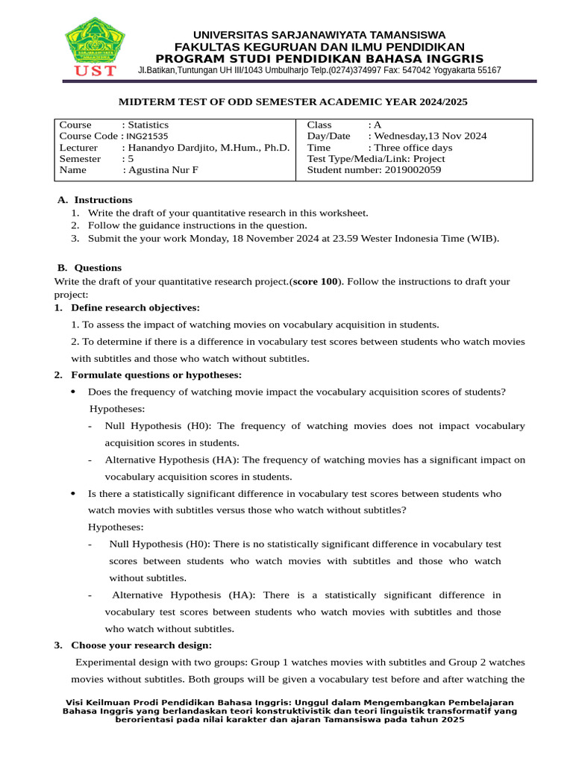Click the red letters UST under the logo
[95, 71]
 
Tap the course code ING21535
[147, 137]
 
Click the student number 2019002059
[413, 170]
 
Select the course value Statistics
[148, 125]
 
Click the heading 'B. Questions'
[90, 268]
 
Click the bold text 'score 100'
[314, 281]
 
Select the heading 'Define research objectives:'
[135, 307]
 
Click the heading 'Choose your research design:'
[141, 645]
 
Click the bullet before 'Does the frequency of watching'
[72, 392]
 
